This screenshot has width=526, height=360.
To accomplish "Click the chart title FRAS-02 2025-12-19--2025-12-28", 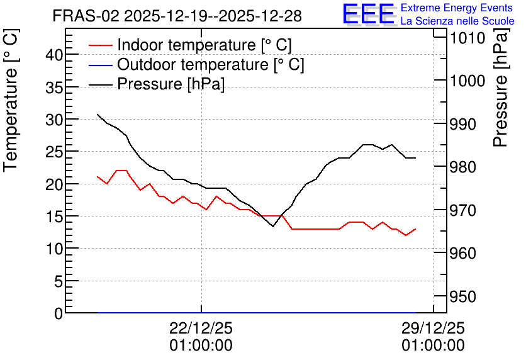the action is (177, 16).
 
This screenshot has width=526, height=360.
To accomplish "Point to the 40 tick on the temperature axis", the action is (54, 55).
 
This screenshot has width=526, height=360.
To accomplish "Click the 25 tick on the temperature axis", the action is (54, 151).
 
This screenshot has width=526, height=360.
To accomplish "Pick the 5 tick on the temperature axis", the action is (59, 281).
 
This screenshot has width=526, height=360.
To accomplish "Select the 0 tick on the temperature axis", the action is (59, 313).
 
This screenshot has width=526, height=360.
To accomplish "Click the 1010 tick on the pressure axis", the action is (467, 38).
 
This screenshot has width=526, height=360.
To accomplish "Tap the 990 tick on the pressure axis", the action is (462, 124).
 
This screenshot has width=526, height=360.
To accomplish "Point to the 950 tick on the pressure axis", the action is (462, 296).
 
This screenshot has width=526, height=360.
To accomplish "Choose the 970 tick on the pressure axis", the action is (462, 210).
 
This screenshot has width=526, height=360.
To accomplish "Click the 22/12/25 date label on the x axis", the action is (201, 328).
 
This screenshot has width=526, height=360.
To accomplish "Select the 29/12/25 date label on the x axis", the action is (433, 328).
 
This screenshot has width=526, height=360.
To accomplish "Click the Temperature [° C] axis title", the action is (11, 101).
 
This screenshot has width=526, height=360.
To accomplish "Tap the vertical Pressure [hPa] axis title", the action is (500, 87).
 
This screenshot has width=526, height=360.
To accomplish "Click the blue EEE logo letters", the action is (369, 14).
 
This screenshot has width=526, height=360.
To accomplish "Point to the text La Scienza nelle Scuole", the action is (457, 21).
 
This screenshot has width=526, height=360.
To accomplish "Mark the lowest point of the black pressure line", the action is (272, 226).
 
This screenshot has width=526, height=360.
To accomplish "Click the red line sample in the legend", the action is (100, 45).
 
